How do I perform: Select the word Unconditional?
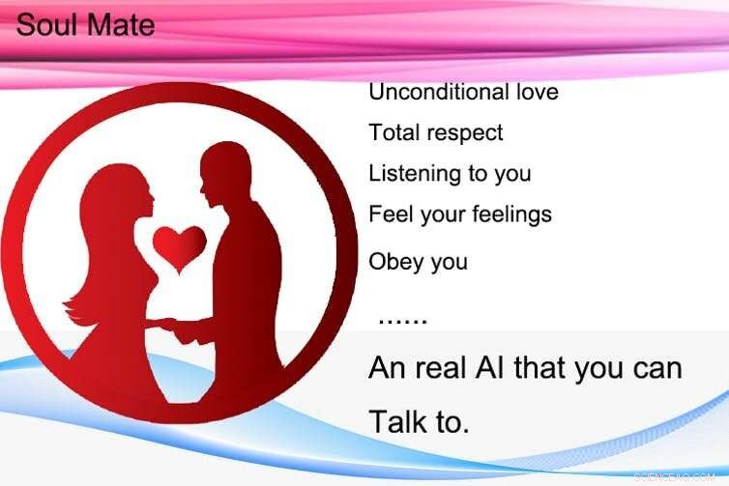(x=431, y=93)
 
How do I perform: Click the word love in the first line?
(x=531, y=93)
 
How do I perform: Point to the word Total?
(x=393, y=132)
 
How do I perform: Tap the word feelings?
(x=511, y=214)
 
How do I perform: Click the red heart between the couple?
(x=180, y=243)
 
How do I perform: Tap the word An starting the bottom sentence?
(x=387, y=368)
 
